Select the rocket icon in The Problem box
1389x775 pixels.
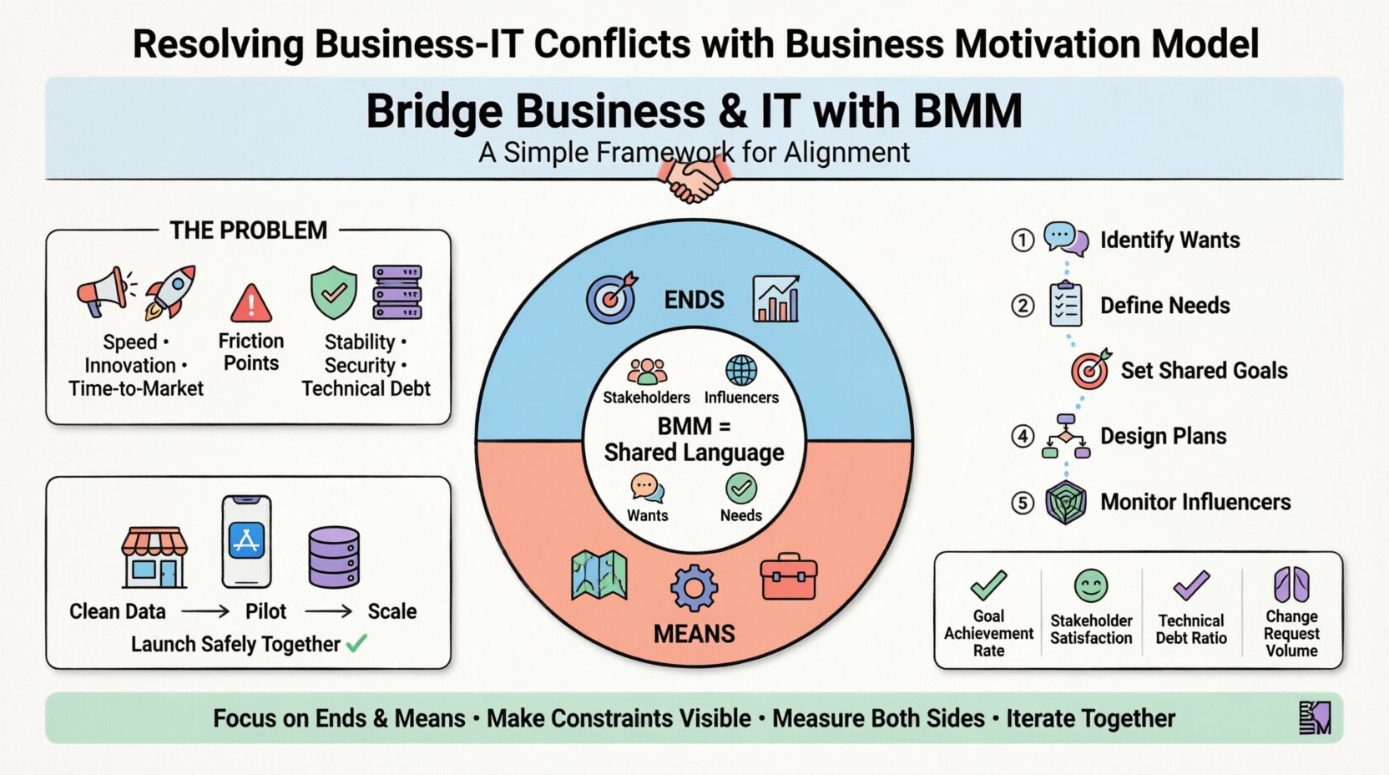coord(171,292)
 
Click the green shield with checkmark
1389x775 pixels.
coord(333,292)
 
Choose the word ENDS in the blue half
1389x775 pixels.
coord(694,300)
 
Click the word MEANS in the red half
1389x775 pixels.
coord(694,634)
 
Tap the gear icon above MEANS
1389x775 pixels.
coord(694,588)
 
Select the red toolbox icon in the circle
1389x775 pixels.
coord(788,577)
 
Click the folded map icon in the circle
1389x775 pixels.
coord(599,576)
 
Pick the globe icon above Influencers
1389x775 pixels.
coord(741,370)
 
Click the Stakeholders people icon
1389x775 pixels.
coord(647,371)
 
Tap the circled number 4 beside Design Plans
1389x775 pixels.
coord(1023,436)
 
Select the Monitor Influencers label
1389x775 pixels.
coord(1195,502)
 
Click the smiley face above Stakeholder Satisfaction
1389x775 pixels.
coord(1091,586)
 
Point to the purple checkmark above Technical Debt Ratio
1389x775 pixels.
coord(1191,585)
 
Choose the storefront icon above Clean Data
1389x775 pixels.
coord(154,557)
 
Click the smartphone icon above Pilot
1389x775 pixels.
coord(246,542)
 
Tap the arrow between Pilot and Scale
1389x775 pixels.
coord(328,612)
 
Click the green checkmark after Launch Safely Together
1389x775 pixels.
coord(356,643)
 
